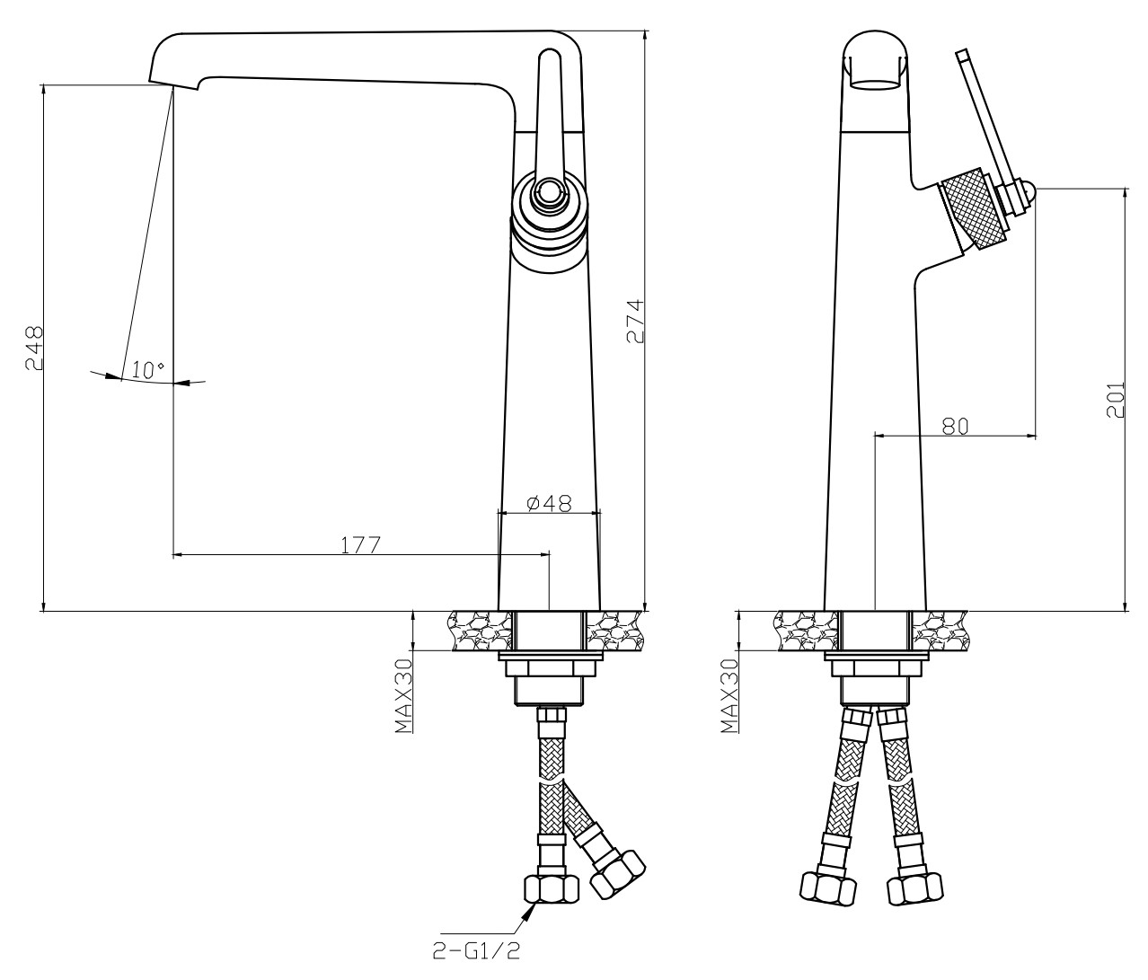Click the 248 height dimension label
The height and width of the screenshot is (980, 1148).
click(x=34, y=348)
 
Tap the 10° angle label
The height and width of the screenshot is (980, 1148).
click(x=147, y=369)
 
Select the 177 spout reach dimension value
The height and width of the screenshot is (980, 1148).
click(x=360, y=544)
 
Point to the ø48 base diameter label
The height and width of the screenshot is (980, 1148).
click(x=548, y=503)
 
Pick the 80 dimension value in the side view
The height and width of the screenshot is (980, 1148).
click(x=955, y=426)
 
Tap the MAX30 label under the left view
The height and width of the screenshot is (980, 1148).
click(x=404, y=696)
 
